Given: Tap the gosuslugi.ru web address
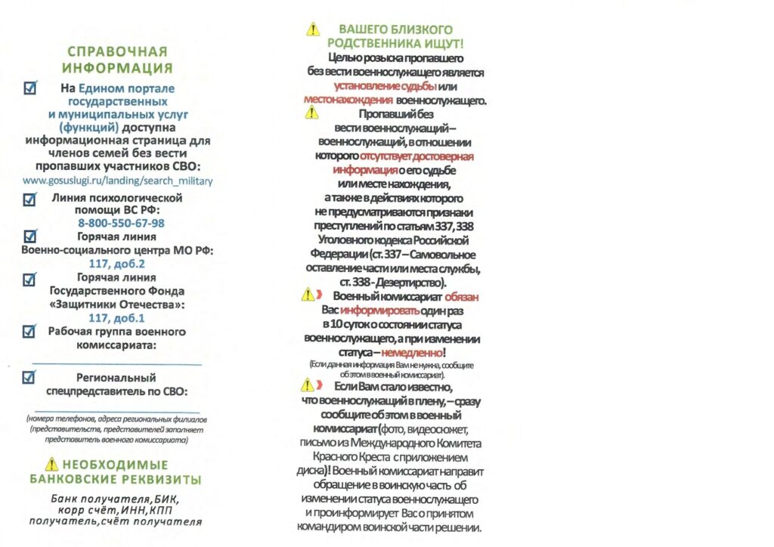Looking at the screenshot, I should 118,181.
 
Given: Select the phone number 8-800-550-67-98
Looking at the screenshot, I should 121,224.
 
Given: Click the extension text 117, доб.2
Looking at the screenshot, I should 117,264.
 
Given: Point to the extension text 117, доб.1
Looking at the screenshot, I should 117,318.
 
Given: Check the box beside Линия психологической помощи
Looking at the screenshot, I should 30,199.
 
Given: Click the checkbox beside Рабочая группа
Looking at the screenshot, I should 30,331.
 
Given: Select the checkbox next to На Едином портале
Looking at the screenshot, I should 30,89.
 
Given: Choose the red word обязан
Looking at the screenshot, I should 462,297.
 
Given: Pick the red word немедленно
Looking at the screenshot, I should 413,353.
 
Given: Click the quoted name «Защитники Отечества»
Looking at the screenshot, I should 117,304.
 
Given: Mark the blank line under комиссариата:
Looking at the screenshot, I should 117,364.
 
